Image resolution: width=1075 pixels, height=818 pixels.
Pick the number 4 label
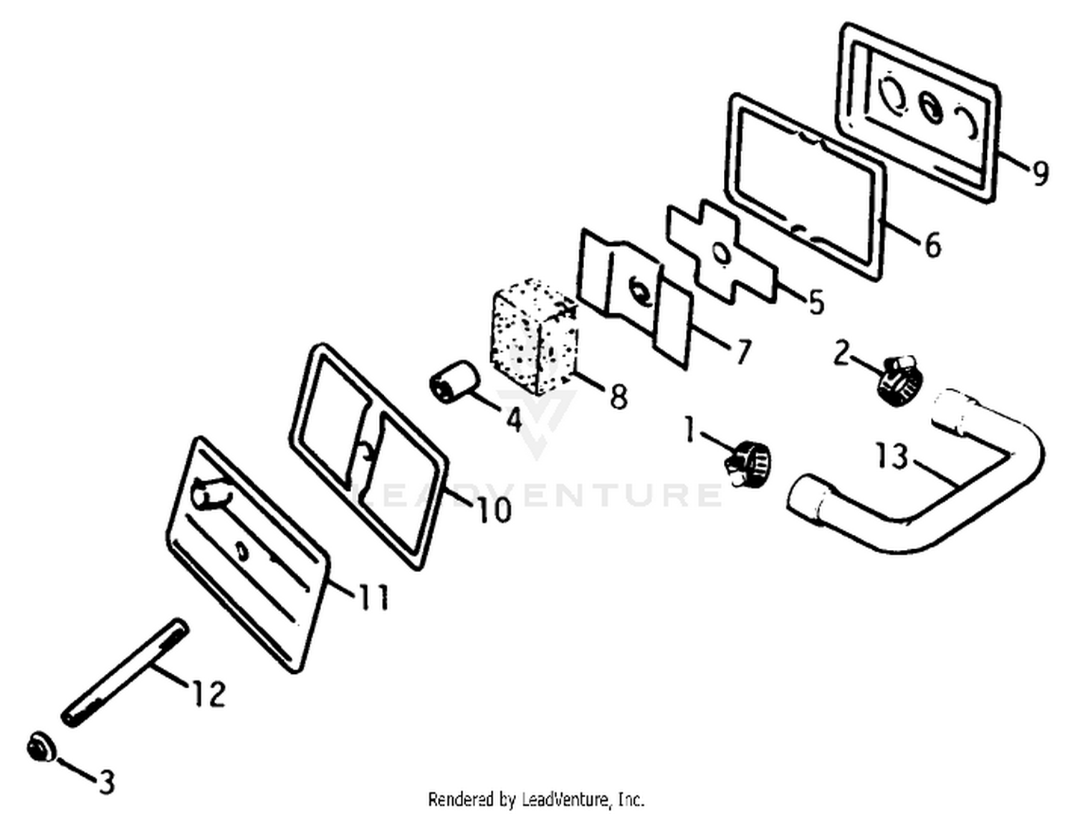coord(513,419)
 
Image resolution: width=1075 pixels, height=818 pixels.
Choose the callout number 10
coord(494,510)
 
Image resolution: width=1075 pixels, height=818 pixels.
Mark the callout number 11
coord(373,596)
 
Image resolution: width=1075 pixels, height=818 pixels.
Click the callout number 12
coord(209,693)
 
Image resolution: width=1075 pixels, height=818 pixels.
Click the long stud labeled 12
coord(125,673)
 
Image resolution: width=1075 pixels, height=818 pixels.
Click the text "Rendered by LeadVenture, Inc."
coord(536,800)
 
